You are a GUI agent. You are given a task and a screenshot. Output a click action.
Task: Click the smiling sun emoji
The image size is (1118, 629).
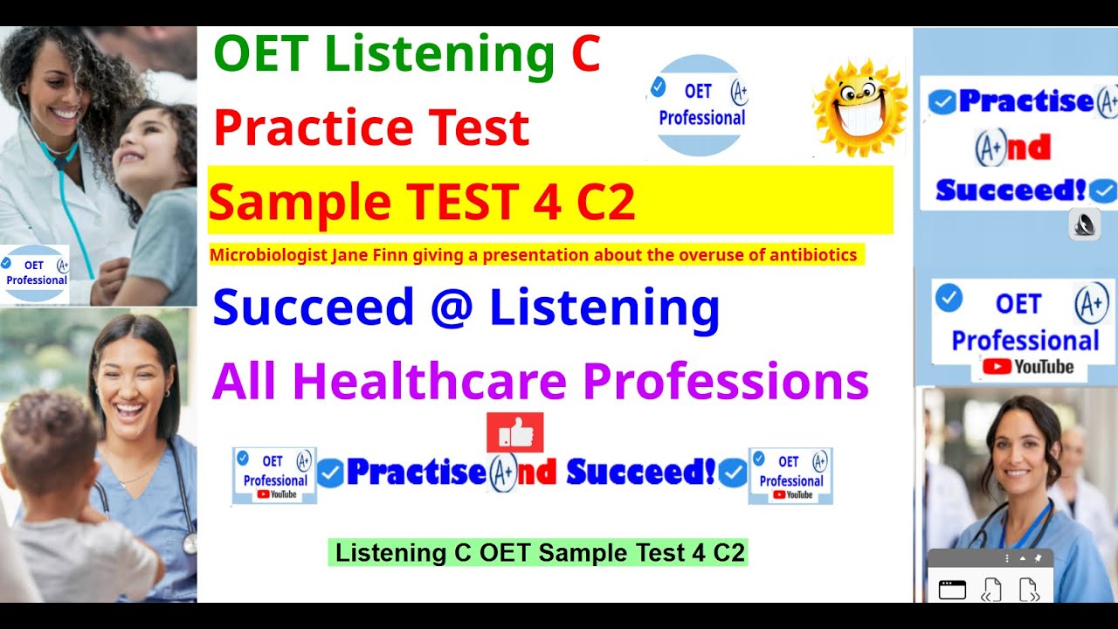[859, 107]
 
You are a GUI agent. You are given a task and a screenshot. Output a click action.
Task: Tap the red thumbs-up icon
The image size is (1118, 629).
[515, 432]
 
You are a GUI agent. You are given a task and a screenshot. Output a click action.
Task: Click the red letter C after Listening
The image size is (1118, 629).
[585, 55]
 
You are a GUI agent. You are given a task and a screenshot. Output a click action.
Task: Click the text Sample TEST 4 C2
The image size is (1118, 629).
[421, 202]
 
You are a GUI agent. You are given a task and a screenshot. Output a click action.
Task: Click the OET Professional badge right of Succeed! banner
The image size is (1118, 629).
[790, 476]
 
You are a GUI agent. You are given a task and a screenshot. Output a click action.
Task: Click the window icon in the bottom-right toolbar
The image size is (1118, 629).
[952, 590]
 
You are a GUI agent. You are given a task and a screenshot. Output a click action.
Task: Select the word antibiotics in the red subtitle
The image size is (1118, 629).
[815, 255]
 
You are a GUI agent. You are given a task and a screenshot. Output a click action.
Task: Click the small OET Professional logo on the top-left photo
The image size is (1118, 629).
[35, 273]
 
